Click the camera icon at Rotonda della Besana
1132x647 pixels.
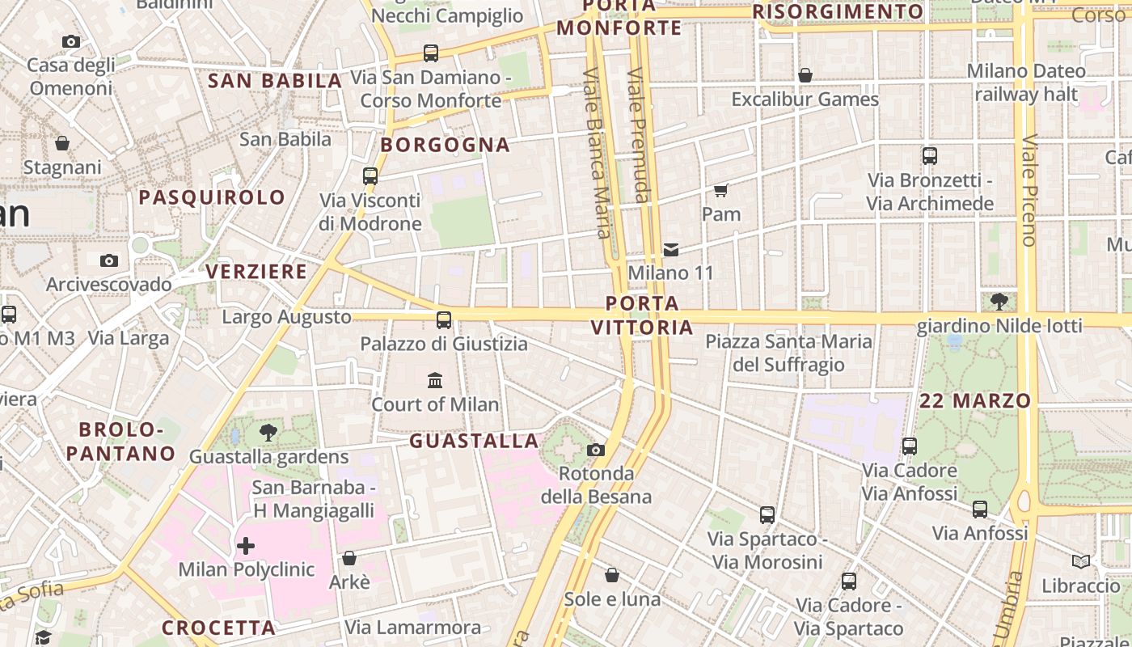click(596, 450)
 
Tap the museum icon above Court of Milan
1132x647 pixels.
click(435, 380)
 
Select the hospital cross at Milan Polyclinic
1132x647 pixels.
click(246, 546)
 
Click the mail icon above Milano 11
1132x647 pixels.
click(671, 249)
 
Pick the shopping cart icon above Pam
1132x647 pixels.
click(720, 190)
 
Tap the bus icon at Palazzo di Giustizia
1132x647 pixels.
click(443, 319)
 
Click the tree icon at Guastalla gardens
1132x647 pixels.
click(268, 433)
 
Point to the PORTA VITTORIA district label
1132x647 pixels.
click(642, 315)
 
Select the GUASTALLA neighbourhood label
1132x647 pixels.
click(474, 441)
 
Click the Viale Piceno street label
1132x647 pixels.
click(1029, 190)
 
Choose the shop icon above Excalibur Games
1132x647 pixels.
click(805, 75)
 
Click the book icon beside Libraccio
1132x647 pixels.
click(1080, 561)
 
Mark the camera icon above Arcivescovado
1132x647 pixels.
click(109, 260)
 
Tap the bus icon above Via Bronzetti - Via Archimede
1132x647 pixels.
click(930, 156)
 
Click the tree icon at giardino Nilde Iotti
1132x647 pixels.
click(999, 302)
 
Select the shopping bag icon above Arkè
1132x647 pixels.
click(349, 558)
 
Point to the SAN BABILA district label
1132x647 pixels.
click(275, 81)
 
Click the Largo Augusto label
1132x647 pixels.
click(286, 317)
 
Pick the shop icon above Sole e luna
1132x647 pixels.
click(612, 575)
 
